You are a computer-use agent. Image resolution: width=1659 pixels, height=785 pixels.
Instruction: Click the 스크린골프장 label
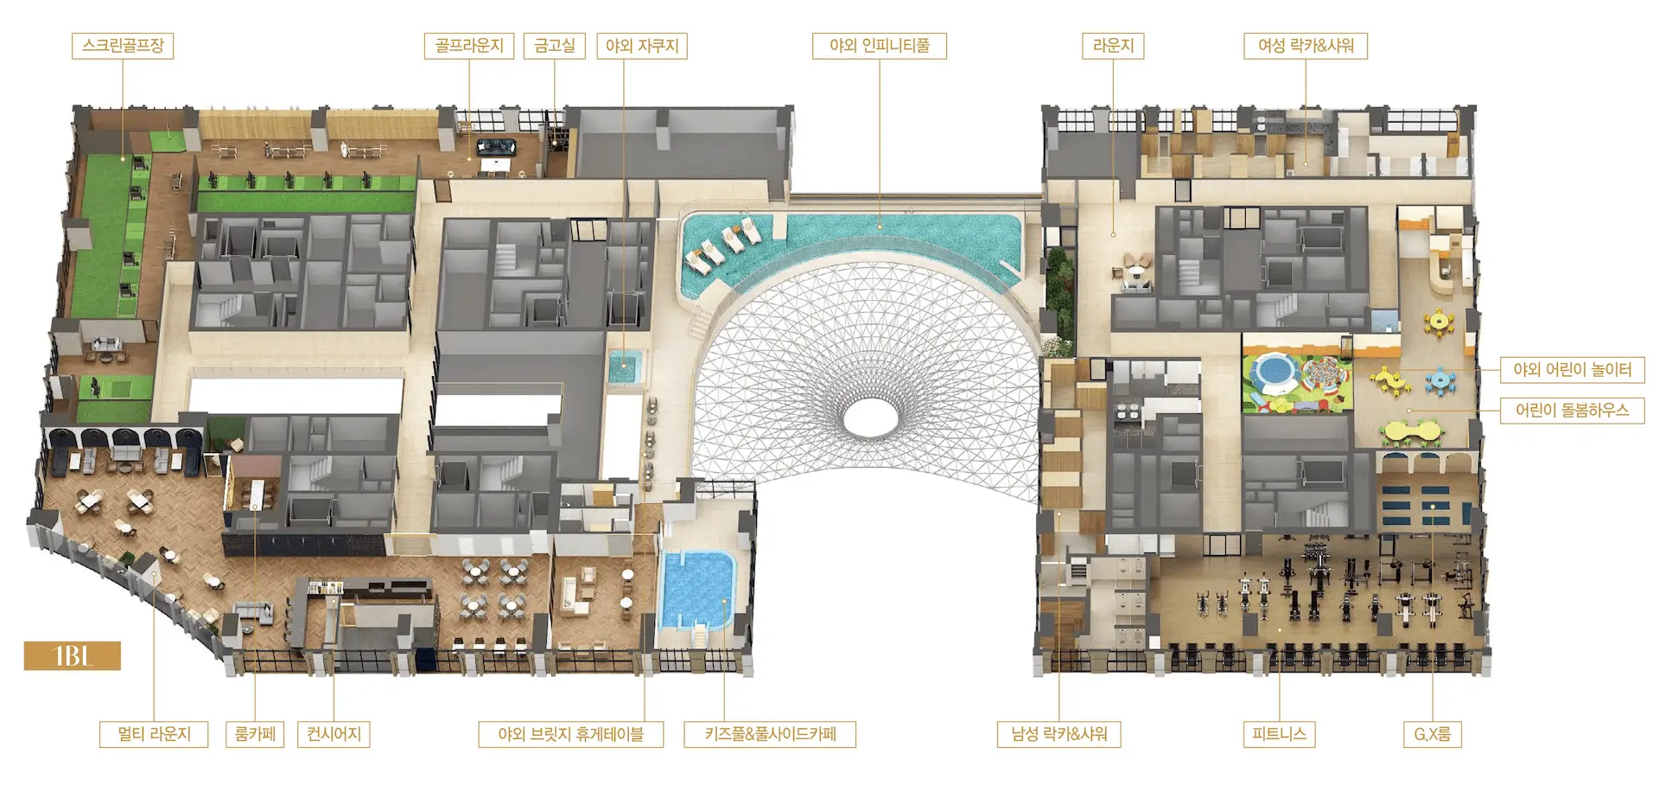click(x=123, y=46)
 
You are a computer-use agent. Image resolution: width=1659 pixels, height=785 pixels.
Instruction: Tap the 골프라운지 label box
click(x=469, y=46)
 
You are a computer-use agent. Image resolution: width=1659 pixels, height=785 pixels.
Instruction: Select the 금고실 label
click(x=555, y=46)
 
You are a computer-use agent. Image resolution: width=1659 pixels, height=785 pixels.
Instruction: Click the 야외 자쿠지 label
click(x=642, y=46)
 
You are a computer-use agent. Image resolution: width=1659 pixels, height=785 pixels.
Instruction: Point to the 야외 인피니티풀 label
click(x=880, y=46)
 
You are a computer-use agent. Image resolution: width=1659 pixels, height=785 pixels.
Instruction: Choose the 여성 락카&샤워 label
click(x=1306, y=46)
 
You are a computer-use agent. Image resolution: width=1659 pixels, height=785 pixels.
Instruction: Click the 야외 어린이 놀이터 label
click(x=1572, y=370)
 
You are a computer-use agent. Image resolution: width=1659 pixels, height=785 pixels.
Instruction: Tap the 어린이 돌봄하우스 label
click(x=1572, y=411)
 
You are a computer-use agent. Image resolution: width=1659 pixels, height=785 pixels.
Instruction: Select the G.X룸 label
click(x=1432, y=735)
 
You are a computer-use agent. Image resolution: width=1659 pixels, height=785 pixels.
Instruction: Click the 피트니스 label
click(x=1279, y=735)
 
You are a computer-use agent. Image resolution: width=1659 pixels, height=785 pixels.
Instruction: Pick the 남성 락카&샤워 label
click(x=1059, y=735)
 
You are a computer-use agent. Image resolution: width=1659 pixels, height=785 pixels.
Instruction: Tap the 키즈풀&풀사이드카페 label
click(x=770, y=735)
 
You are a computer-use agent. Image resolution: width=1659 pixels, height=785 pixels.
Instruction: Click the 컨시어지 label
click(x=334, y=735)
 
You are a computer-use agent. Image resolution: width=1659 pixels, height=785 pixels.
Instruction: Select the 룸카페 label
click(x=255, y=735)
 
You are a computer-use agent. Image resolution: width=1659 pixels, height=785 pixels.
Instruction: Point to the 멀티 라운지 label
click(x=154, y=735)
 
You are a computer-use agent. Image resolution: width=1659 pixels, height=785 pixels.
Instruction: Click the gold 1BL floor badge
click(x=73, y=656)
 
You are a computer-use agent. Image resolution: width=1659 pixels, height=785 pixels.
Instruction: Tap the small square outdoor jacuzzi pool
click(x=622, y=367)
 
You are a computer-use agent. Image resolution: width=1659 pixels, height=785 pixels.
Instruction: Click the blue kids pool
click(x=696, y=590)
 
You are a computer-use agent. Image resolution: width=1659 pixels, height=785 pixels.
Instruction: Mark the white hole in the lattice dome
click(x=879, y=418)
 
